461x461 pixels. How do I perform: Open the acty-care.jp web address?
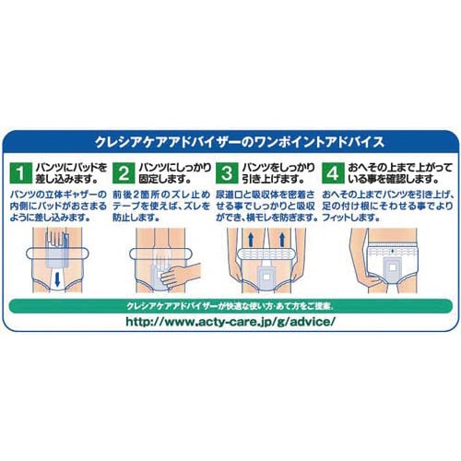(230, 325)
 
